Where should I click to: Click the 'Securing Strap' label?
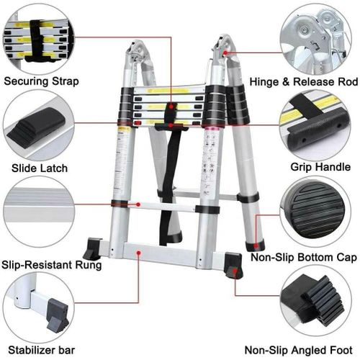point(41,81)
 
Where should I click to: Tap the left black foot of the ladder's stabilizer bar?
point(92,251)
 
